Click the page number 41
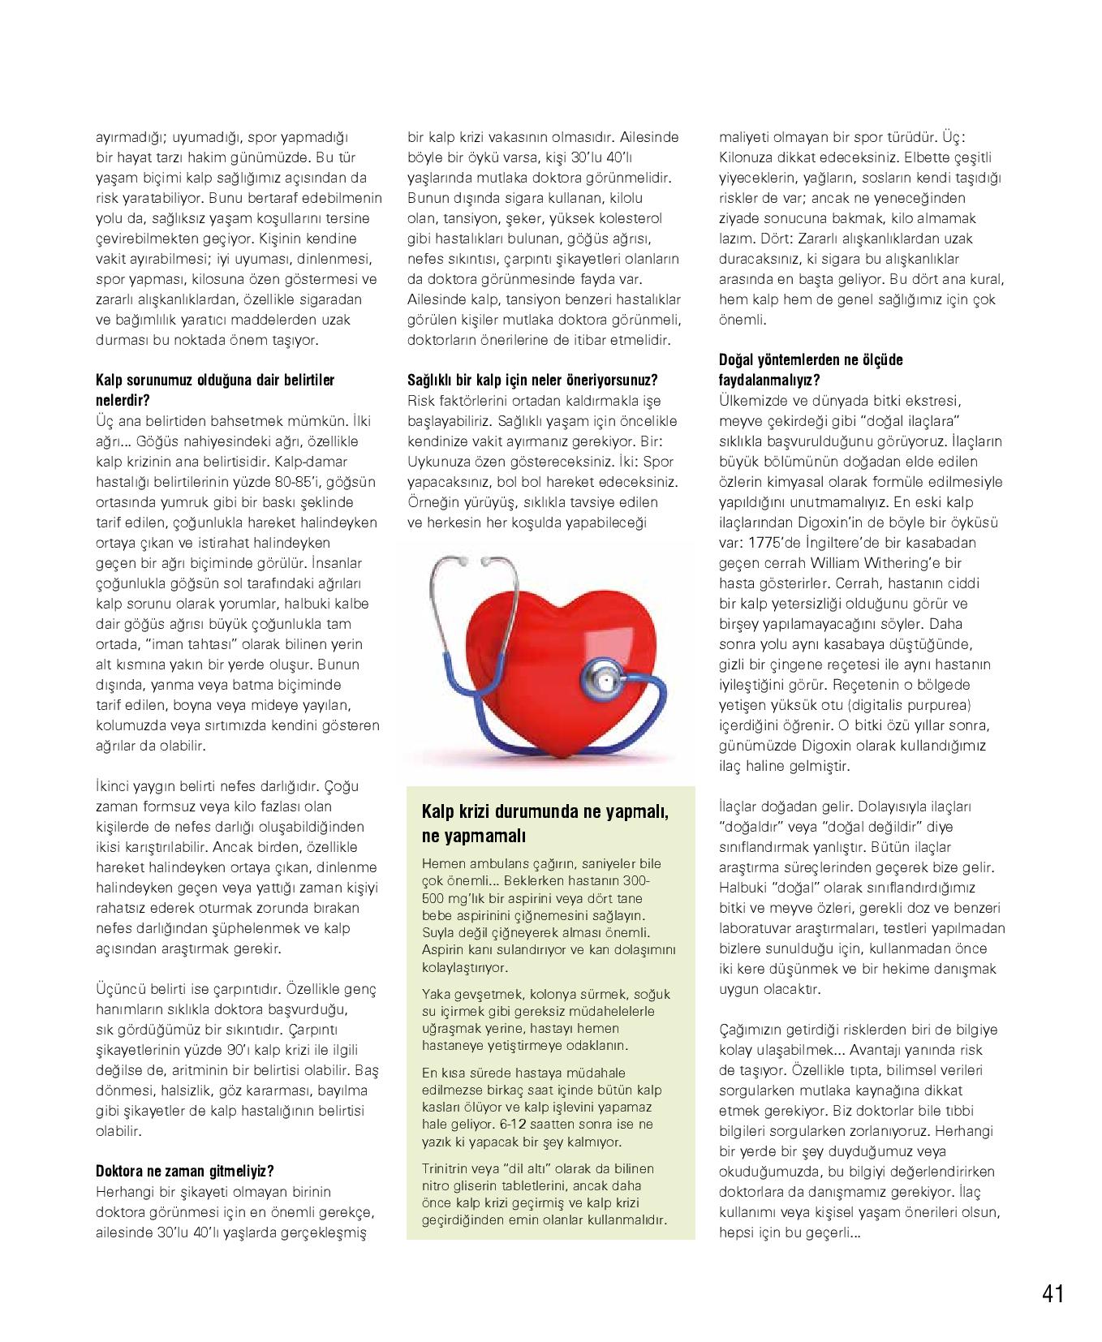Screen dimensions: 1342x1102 coord(1052,1293)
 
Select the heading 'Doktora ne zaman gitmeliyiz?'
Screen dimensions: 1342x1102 coord(184,1172)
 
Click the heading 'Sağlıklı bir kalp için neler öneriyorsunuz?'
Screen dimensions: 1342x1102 coord(532,381)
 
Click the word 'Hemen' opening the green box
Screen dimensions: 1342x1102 coord(443,862)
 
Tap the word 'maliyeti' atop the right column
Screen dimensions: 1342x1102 coord(743,137)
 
